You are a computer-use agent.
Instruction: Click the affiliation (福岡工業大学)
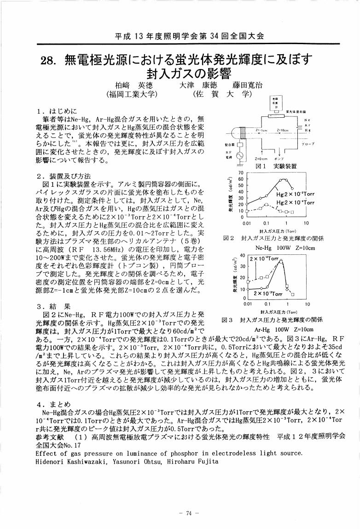pos(132,94)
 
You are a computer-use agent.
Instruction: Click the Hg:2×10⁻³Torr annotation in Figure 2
pos(295,195)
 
